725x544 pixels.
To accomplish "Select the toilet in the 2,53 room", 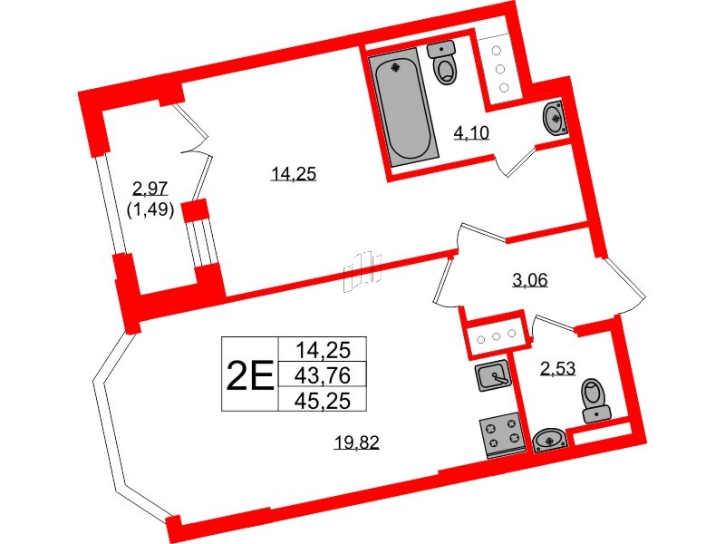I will click(x=593, y=402).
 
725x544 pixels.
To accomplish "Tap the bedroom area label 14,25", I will click(x=293, y=175).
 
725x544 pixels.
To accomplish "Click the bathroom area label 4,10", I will click(x=470, y=134).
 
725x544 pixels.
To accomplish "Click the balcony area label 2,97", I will click(x=150, y=188).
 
